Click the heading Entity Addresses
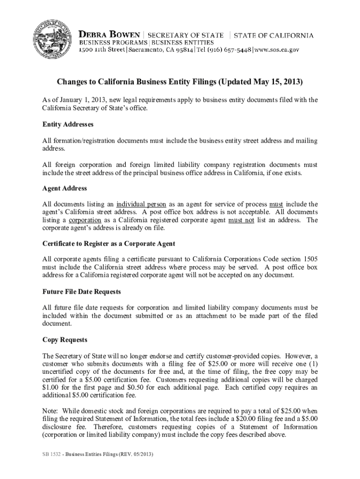(x=67, y=125)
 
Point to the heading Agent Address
(x=65, y=188)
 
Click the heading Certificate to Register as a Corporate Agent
(x=108, y=244)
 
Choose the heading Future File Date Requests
(x=81, y=291)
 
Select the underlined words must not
(x=241, y=220)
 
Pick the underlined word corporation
(x=85, y=220)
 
